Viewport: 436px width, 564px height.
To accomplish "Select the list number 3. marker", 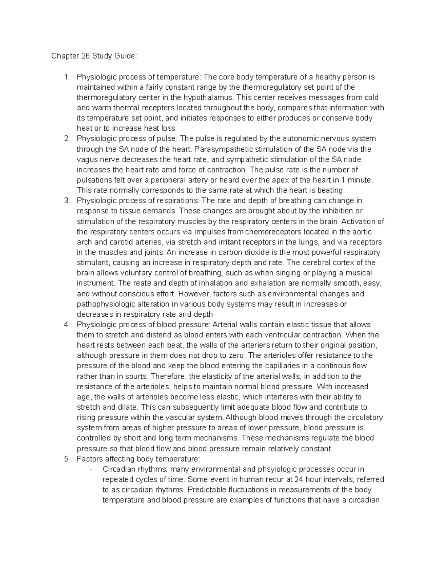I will (66, 201).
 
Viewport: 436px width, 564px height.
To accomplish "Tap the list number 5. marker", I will (66, 459).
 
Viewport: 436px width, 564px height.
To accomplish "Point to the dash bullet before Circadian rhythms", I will (91, 469).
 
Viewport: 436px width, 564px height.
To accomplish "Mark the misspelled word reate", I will (142, 283).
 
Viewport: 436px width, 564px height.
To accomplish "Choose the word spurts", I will (137, 376).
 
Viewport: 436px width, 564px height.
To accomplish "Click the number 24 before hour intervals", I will (299, 479).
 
